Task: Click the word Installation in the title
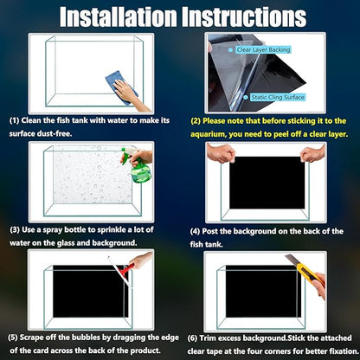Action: click(119, 16)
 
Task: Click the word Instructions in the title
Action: click(244, 16)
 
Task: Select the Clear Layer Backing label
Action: click(263, 50)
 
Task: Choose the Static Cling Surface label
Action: click(278, 97)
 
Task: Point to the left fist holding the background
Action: click(222, 153)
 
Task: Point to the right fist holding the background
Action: click(313, 153)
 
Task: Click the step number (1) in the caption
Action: click(14, 120)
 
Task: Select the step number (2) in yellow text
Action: click(196, 121)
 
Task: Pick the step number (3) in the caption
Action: click(15, 230)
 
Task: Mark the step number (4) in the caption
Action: click(195, 231)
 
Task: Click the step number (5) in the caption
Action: click(13, 337)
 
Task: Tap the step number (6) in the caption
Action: click(192, 338)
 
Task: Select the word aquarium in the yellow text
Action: click(208, 134)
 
